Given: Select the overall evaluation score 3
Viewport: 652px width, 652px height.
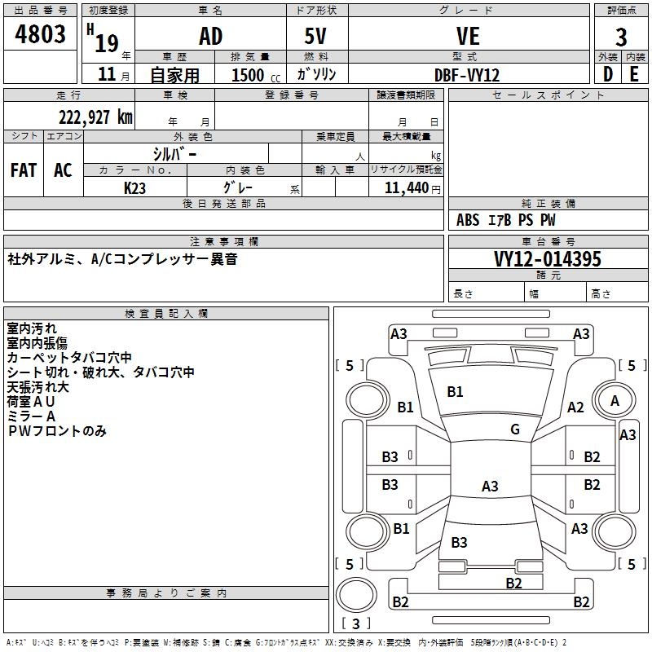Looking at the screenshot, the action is (621, 37).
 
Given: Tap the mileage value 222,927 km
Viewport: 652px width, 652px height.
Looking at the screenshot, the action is (95, 117).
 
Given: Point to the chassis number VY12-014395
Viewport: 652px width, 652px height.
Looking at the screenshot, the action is (548, 259).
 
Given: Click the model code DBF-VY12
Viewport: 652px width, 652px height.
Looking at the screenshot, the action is (467, 75).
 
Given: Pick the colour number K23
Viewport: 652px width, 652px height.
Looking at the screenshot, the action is (134, 187).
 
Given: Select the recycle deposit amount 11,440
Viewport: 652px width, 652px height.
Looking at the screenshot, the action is (404, 187).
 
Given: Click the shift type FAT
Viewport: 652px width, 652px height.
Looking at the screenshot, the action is (24, 170).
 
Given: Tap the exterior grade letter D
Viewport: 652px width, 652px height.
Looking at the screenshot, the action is (607, 74).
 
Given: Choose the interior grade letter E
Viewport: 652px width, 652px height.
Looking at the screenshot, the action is (634, 74).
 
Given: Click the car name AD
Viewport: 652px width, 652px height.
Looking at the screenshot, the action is (210, 37).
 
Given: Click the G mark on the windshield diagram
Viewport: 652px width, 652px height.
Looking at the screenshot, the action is (515, 430).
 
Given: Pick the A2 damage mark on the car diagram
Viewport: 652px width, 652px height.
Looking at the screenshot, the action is (576, 407).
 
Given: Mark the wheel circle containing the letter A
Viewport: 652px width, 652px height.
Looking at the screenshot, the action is (615, 401).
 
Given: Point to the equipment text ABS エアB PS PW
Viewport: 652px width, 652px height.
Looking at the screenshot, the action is (507, 220).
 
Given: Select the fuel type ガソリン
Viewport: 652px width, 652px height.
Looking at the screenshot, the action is (317, 74).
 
